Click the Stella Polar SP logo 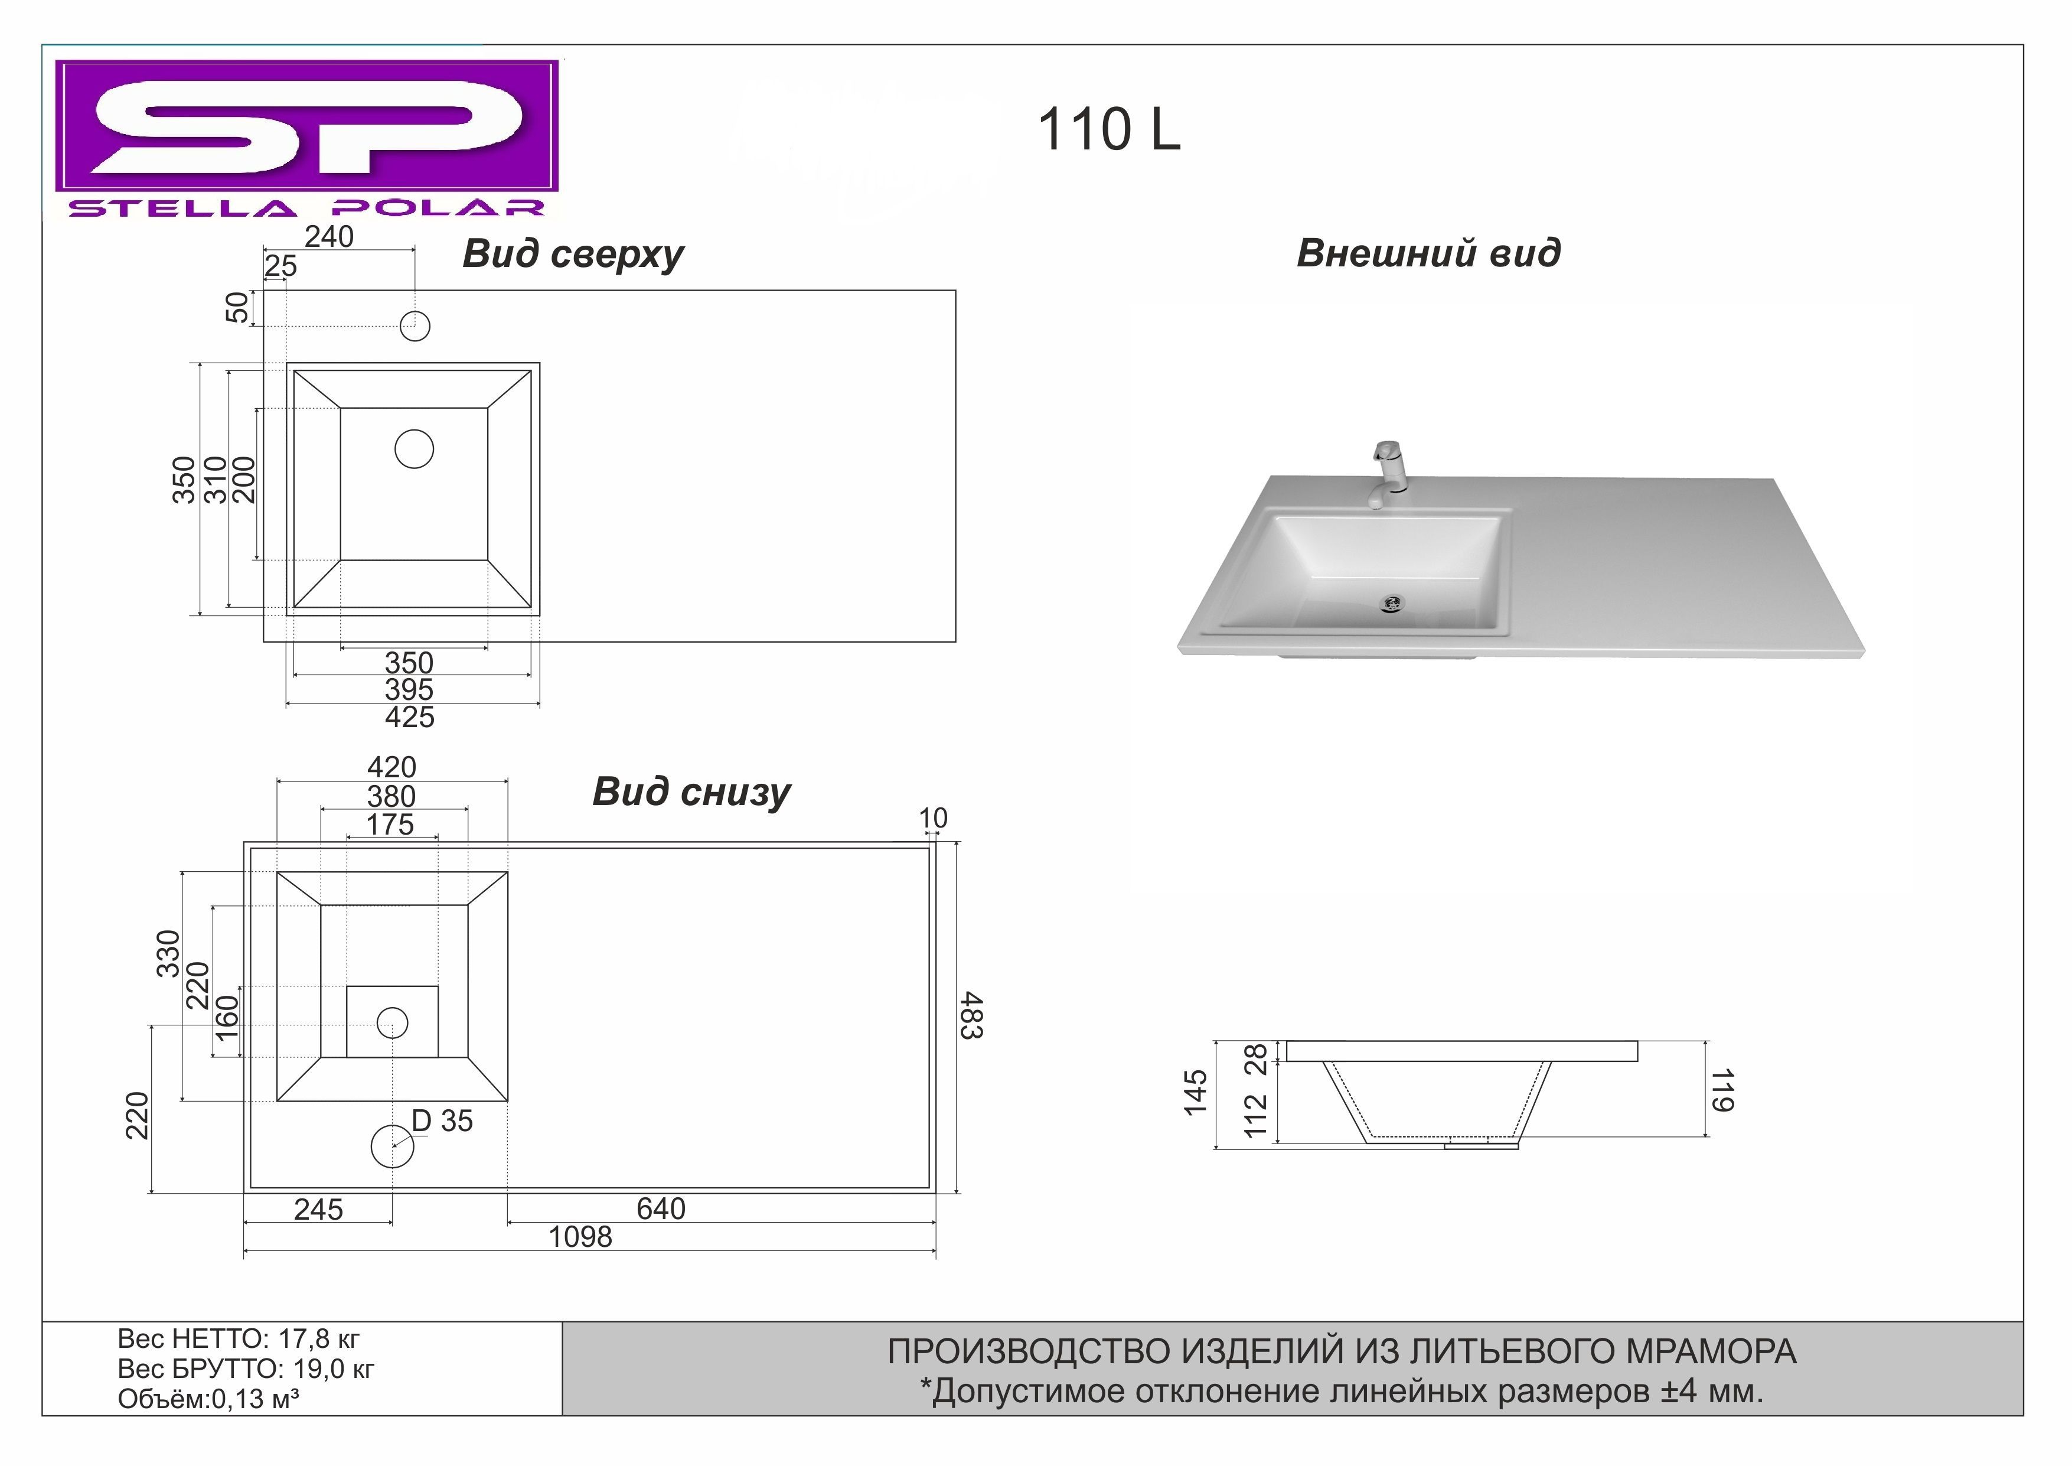[x=307, y=138]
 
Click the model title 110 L [x=1109, y=129]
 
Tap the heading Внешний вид [x=1428, y=253]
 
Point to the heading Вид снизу [x=691, y=793]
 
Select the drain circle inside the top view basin [x=414, y=449]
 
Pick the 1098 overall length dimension [x=580, y=1237]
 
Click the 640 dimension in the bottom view [x=661, y=1208]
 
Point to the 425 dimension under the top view [x=410, y=718]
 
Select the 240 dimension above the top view [x=329, y=236]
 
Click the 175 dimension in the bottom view [x=390, y=824]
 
